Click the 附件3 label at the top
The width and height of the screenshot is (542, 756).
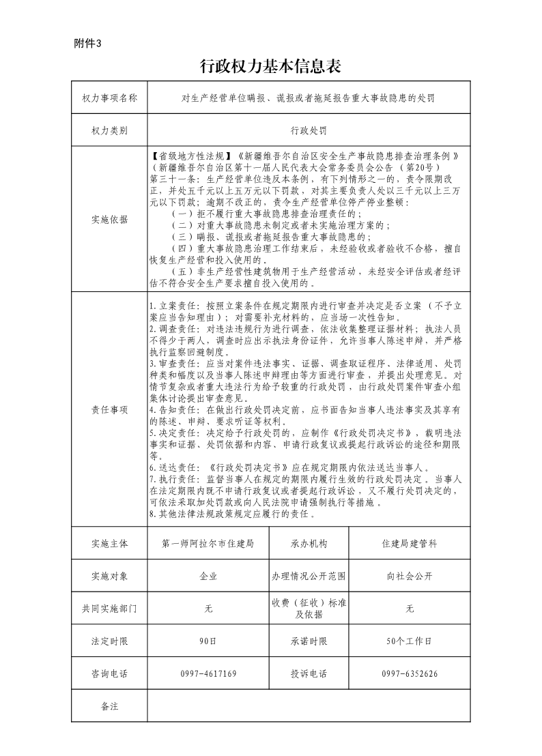87,44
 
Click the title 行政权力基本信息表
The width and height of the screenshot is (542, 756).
270,66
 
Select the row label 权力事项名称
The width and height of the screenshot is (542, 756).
109,98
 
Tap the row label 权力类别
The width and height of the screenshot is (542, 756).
109,130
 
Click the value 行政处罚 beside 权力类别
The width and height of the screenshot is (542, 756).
309,130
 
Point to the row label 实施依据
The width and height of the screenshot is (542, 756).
109,219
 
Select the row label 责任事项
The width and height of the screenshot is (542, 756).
109,410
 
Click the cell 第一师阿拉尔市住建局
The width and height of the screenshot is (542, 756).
208,544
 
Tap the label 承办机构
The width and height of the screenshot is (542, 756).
309,544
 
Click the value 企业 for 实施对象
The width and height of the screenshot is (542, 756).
208,576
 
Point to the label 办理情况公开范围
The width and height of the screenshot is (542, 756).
309,576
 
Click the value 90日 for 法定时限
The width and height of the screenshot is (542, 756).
208,641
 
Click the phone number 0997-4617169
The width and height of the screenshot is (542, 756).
208,674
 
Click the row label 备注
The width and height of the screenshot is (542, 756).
109,706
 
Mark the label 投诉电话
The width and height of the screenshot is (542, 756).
309,674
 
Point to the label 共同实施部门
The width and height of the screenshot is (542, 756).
109,609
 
